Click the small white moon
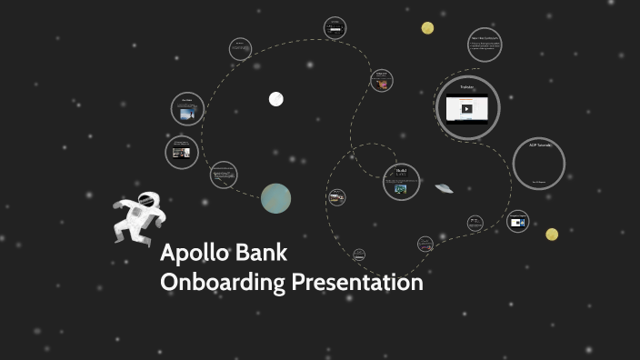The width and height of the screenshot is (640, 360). pos(275,99)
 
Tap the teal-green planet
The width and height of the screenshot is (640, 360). pos(275,198)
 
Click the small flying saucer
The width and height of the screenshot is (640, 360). pos(445,188)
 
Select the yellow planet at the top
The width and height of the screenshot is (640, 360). pos(427,28)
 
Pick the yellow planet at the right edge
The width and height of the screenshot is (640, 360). pos(552,235)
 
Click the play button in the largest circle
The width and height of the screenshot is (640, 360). pos(467,109)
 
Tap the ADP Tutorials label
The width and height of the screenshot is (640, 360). pos(540,145)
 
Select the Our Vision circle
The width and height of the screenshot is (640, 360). pos(186,109)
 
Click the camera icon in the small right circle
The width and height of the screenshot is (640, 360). pos(517,222)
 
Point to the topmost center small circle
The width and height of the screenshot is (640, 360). pos(335,28)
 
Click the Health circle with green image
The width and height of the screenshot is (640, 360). pos(401,181)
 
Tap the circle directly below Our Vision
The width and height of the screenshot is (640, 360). pos(182,152)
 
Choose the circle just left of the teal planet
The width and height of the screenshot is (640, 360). pos(224,174)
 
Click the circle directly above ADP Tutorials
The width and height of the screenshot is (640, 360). pos(485,45)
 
